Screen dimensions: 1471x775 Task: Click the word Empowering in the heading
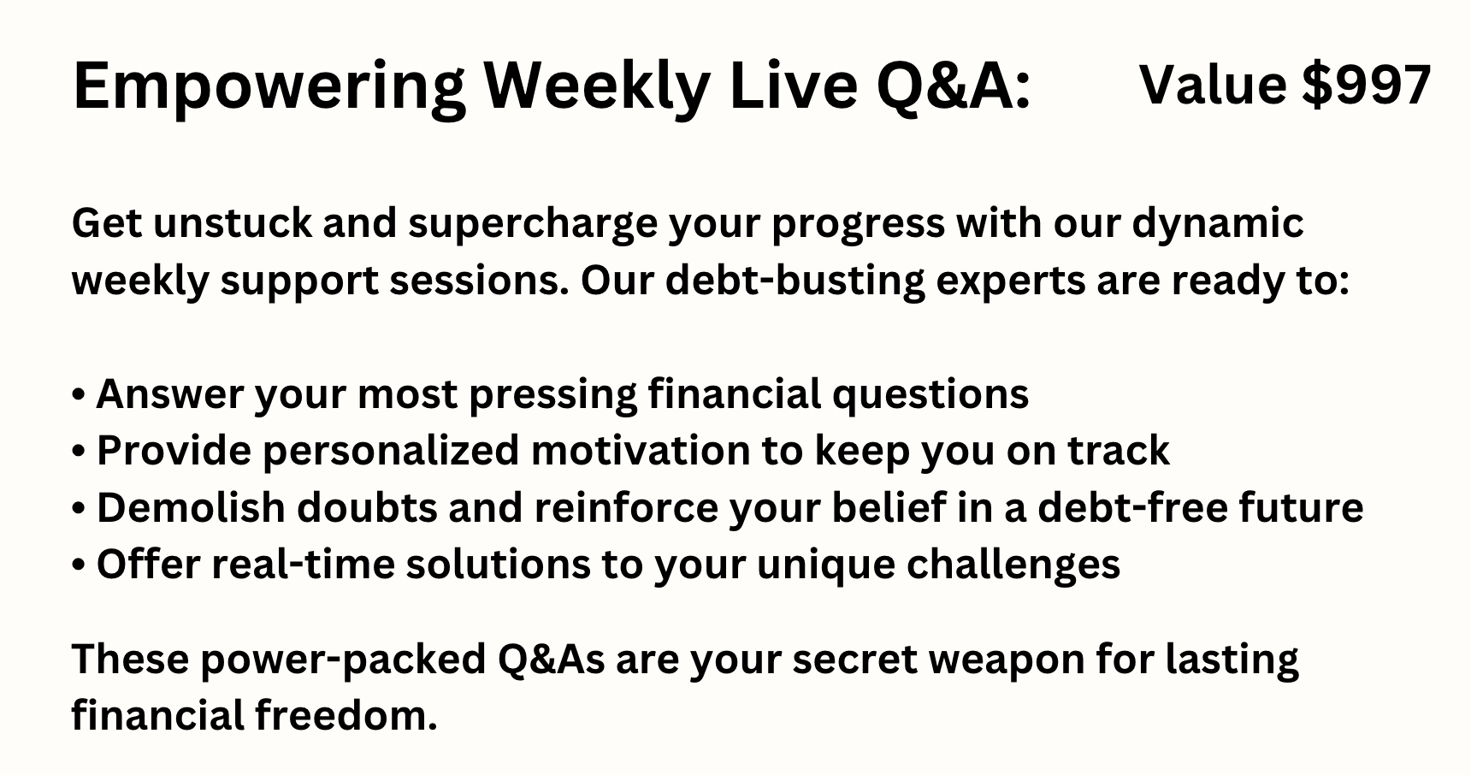[269, 87]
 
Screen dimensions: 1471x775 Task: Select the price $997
[1366, 86]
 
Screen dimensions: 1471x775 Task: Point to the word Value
[1214, 85]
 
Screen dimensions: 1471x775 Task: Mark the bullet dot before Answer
[79, 396]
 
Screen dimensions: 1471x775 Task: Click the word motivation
[667, 451]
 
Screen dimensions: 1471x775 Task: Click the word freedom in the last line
[346, 716]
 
